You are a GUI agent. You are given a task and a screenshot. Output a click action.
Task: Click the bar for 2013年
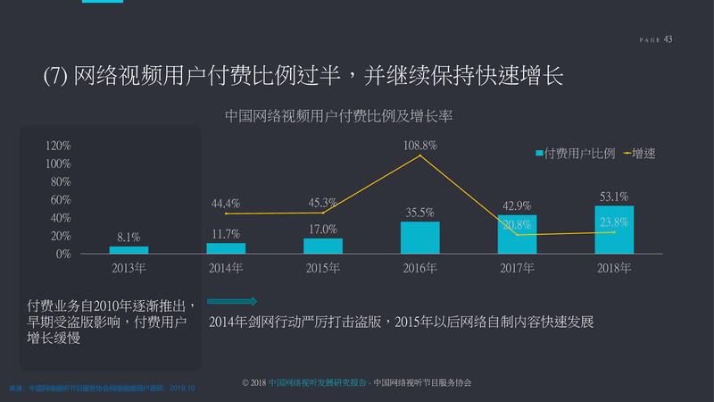(x=129, y=250)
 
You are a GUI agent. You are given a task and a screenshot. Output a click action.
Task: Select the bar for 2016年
(x=419, y=238)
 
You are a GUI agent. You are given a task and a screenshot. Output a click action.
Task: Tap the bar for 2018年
(x=614, y=230)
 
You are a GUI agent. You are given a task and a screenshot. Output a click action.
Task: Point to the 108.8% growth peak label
(x=419, y=144)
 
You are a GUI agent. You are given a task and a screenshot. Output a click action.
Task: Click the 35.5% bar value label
(x=419, y=213)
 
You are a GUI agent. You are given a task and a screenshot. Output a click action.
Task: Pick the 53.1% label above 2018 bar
(x=614, y=197)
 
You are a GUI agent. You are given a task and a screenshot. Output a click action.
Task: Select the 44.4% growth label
(x=226, y=204)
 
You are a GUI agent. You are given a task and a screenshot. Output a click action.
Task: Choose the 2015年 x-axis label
(x=322, y=268)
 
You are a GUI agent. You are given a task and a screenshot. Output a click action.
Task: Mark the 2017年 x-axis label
(x=517, y=268)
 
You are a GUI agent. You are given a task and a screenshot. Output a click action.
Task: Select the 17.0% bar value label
(x=322, y=230)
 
